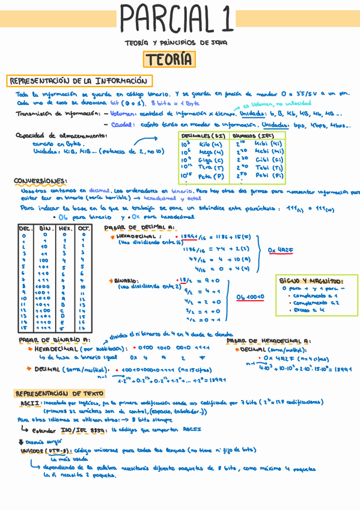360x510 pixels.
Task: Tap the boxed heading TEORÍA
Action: point(168,60)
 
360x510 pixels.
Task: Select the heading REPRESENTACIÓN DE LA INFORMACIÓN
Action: point(78,81)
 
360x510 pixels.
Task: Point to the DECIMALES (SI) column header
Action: point(204,136)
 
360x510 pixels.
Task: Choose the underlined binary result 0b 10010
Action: point(250,296)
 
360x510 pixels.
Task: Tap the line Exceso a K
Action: point(307,310)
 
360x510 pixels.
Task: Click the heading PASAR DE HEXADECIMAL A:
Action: point(268,340)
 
